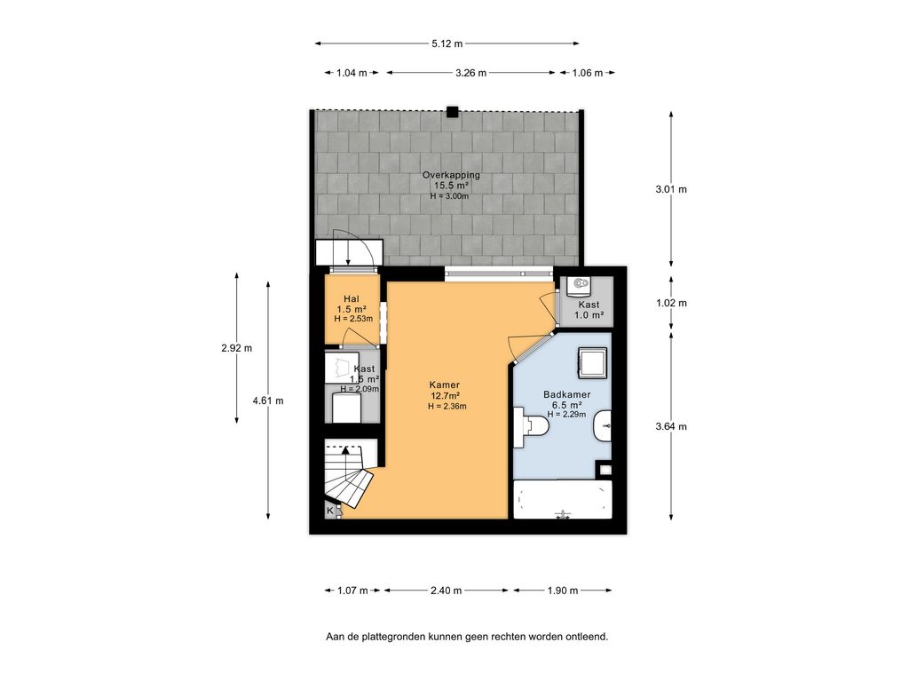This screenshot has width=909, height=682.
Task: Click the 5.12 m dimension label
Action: coord(447,43)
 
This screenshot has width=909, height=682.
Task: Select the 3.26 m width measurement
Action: coord(470,73)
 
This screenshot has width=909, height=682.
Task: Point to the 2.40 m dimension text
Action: coord(446,591)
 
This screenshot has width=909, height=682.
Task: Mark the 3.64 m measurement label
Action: coord(670,426)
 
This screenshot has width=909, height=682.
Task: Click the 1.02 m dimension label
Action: coord(670,303)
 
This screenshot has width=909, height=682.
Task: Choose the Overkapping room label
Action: coord(451,175)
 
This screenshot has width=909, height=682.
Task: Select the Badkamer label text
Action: coord(566,394)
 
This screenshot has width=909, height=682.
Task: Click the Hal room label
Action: coord(351,299)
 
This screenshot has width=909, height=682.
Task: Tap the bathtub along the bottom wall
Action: coord(563,500)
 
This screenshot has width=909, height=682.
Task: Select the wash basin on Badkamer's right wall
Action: coord(602,426)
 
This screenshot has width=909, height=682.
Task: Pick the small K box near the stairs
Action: coord(330,511)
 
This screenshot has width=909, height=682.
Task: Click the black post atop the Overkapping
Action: coord(453,112)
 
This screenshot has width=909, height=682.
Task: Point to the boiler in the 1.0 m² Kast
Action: coord(581,285)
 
